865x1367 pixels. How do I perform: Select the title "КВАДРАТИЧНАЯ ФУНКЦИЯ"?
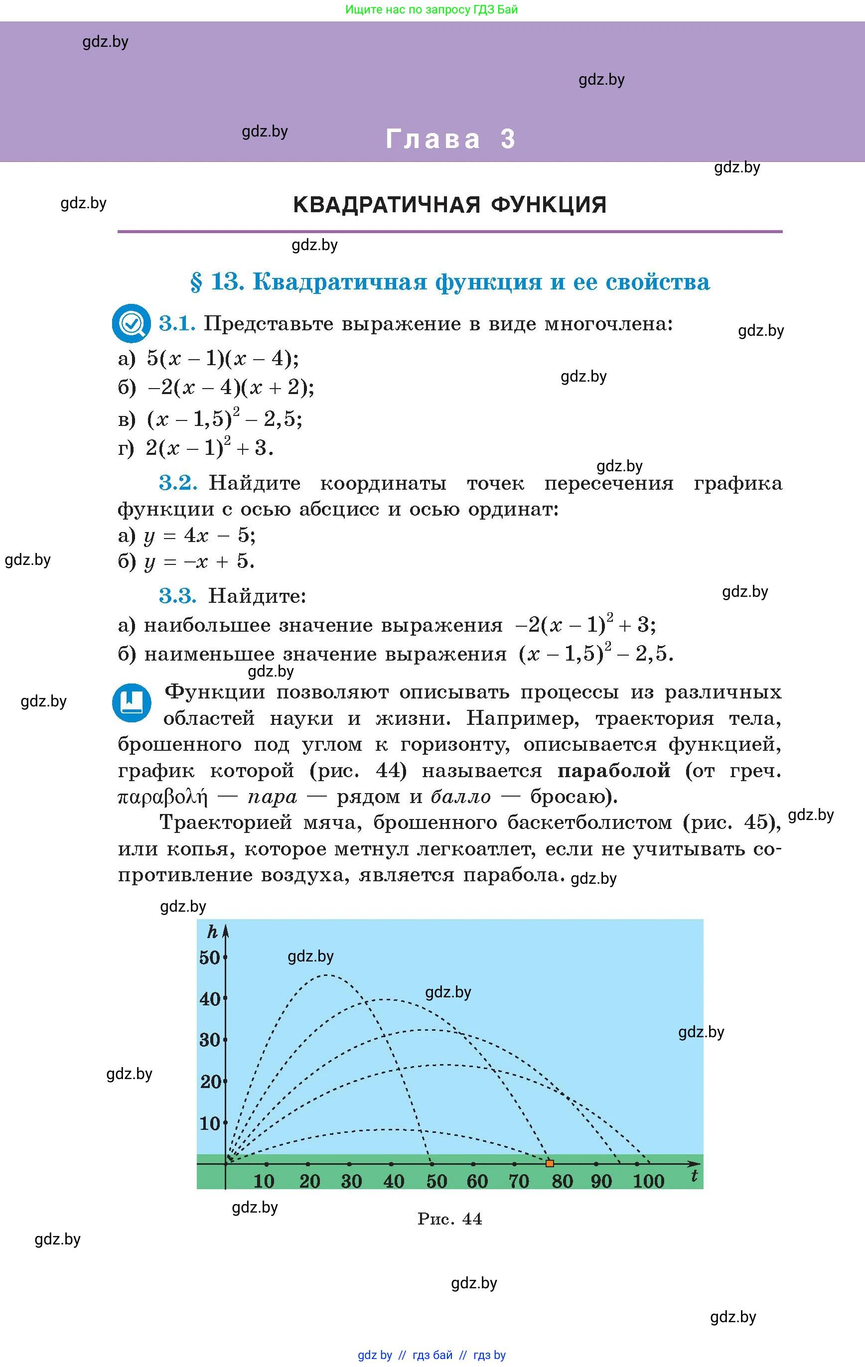click(450, 205)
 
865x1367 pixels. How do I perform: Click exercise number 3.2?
click(178, 483)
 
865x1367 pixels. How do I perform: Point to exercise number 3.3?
click(178, 596)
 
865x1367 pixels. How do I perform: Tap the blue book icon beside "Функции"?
click(132, 703)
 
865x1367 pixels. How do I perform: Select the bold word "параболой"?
click(614, 771)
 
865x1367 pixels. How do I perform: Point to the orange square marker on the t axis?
click(549, 1164)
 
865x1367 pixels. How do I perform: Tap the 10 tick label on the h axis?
click(210, 1123)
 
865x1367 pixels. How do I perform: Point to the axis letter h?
click(212, 932)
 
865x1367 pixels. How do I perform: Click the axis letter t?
click(694, 1176)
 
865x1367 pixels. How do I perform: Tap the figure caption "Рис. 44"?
click(450, 1219)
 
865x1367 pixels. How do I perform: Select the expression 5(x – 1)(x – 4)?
click(222, 359)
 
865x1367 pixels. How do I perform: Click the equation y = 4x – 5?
click(199, 536)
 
